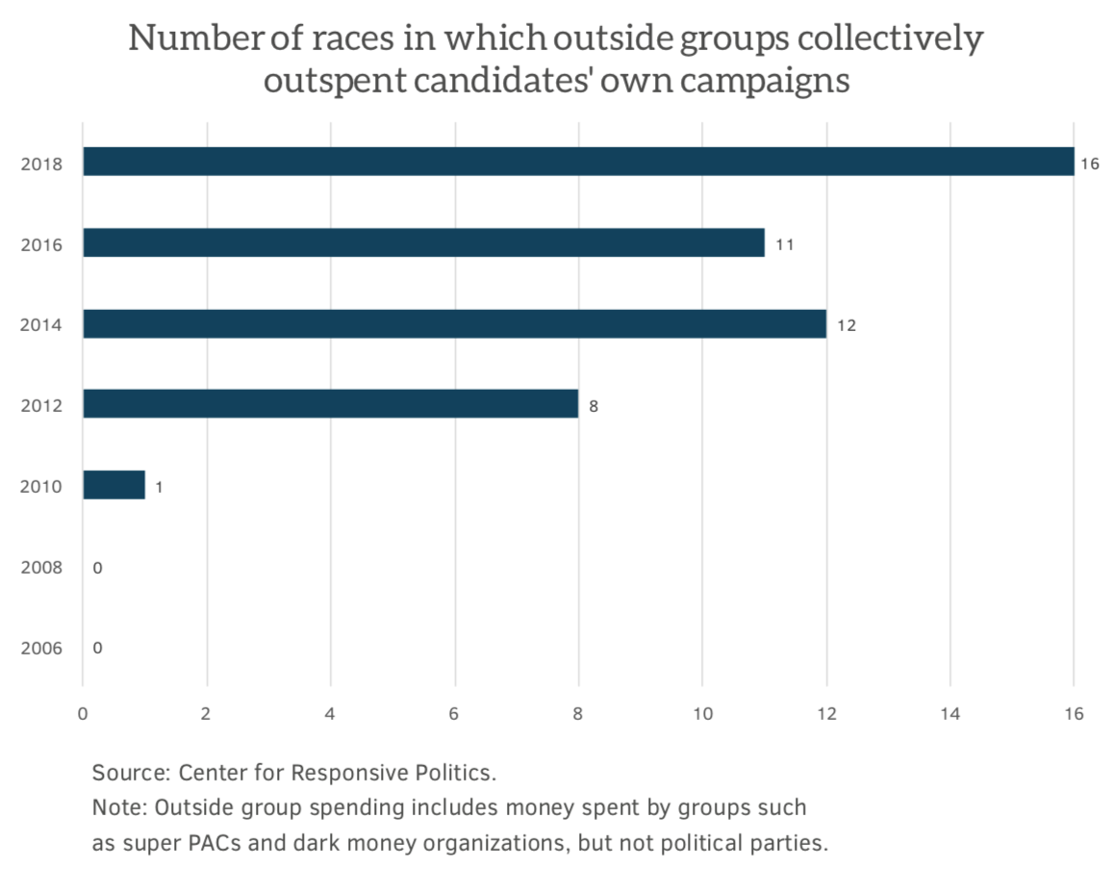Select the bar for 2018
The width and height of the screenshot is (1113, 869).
coord(577,162)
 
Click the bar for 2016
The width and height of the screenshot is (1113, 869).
coord(423,243)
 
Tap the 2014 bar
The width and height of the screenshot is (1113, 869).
coord(454,323)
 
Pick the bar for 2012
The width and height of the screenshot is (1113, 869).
coord(330,404)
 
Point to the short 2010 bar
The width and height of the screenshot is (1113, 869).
coord(114,485)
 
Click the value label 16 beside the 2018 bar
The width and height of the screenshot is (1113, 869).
coord(1089,164)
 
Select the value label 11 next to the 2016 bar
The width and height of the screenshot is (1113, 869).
coord(784,244)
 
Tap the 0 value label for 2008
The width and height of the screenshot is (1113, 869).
coord(97,568)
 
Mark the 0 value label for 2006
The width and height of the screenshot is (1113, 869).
coord(97,648)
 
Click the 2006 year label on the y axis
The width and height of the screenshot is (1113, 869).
coord(41,649)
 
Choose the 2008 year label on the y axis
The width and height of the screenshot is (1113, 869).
coord(41,568)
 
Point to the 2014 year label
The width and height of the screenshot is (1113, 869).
coord(41,325)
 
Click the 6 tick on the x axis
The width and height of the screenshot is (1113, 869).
coord(454,714)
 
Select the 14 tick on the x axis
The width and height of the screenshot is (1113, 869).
coord(949,714)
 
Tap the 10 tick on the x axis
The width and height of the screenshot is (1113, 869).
coord(702,714)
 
